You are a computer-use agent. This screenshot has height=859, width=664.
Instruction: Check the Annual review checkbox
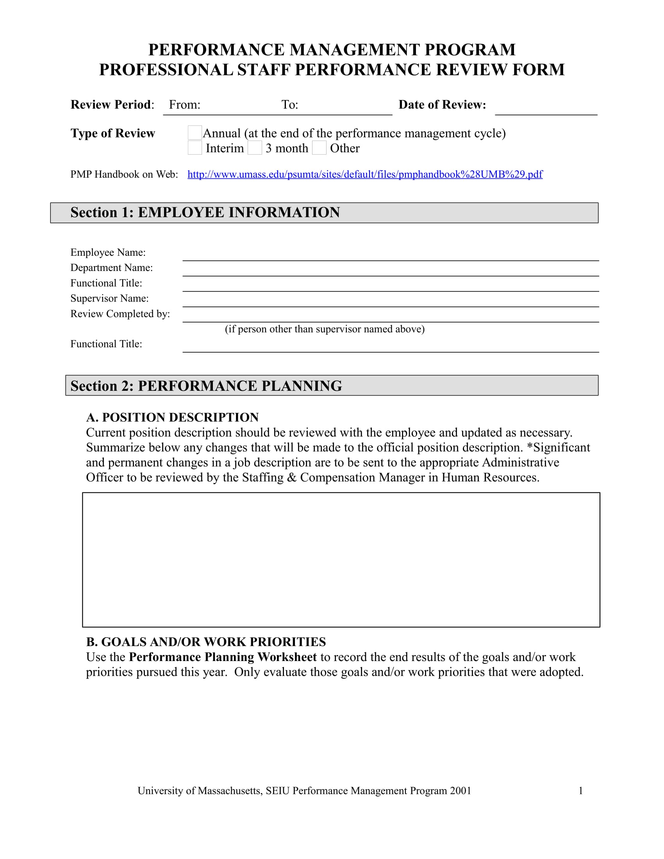coord(195,132)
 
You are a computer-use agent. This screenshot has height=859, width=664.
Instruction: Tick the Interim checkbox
coord(195,148)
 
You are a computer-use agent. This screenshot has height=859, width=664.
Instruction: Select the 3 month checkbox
coord(255,148)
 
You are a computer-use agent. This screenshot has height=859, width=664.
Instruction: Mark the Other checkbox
coord(319,148)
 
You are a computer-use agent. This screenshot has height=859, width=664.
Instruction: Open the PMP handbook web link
coord(365,174)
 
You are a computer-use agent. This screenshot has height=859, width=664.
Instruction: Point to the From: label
coord(184,105)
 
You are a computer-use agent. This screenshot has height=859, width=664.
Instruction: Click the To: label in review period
coord(289,105)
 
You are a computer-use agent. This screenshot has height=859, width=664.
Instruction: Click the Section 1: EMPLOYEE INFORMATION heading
coord(205,212)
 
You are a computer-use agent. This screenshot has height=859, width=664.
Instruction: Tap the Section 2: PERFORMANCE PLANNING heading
coord(206,386)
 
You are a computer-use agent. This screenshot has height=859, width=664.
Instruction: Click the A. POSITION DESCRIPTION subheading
coord(172,417)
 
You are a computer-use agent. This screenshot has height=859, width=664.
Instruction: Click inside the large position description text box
coord(341,559)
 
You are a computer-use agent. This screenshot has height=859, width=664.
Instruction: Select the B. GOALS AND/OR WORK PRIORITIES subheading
coord(206,642)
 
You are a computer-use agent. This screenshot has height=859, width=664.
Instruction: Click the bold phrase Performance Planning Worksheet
coord(223,657)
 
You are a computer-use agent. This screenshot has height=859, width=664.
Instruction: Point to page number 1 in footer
coord(580,791)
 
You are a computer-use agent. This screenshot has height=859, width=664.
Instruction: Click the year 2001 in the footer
coord(461,791)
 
